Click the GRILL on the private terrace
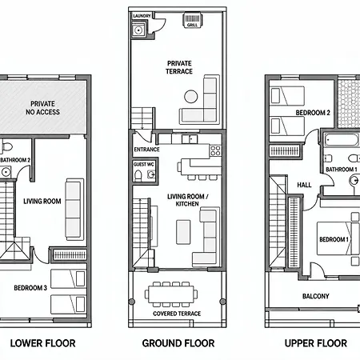[192, 20]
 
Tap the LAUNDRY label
[142, 16]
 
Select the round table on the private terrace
[191, 96]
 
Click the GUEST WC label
[144, 164]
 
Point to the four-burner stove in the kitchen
[215, 150]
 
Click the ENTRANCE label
[146, 150]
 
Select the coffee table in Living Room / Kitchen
[183, 232]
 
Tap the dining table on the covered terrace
[171, 294]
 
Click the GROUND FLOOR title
[178, 343]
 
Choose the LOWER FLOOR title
[43, 343]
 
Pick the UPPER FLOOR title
[316, 343]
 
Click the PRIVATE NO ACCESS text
[42, 108]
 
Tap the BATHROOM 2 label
[15, 160]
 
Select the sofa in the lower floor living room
[74, 210]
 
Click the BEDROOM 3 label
[30, 288]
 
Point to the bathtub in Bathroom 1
[342, 140]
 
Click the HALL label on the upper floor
[304, 185]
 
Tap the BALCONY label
[316, 296]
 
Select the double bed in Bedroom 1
[338, 238]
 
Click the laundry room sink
[138, 30]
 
